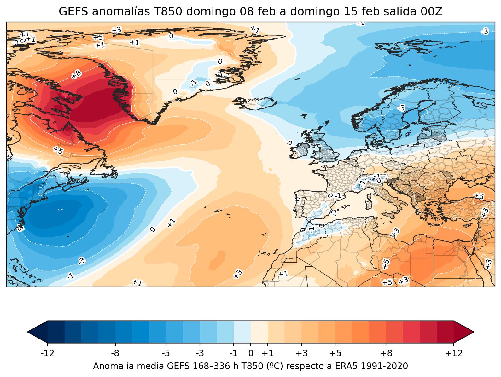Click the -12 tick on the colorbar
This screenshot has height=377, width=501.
[48, 353]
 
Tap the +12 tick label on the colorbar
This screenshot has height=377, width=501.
[454, 353]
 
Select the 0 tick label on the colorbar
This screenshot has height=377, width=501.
[251, 353]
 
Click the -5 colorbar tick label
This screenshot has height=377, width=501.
[166, 353]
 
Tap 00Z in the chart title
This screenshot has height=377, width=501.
[432, 12]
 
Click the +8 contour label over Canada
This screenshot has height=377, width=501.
[76, 74]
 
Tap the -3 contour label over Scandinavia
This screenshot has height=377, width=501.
[401, 108]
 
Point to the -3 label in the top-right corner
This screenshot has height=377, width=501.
[484, 31]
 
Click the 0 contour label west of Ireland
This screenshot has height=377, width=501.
[289, 143]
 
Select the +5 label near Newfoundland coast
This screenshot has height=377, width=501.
[58, 150]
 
